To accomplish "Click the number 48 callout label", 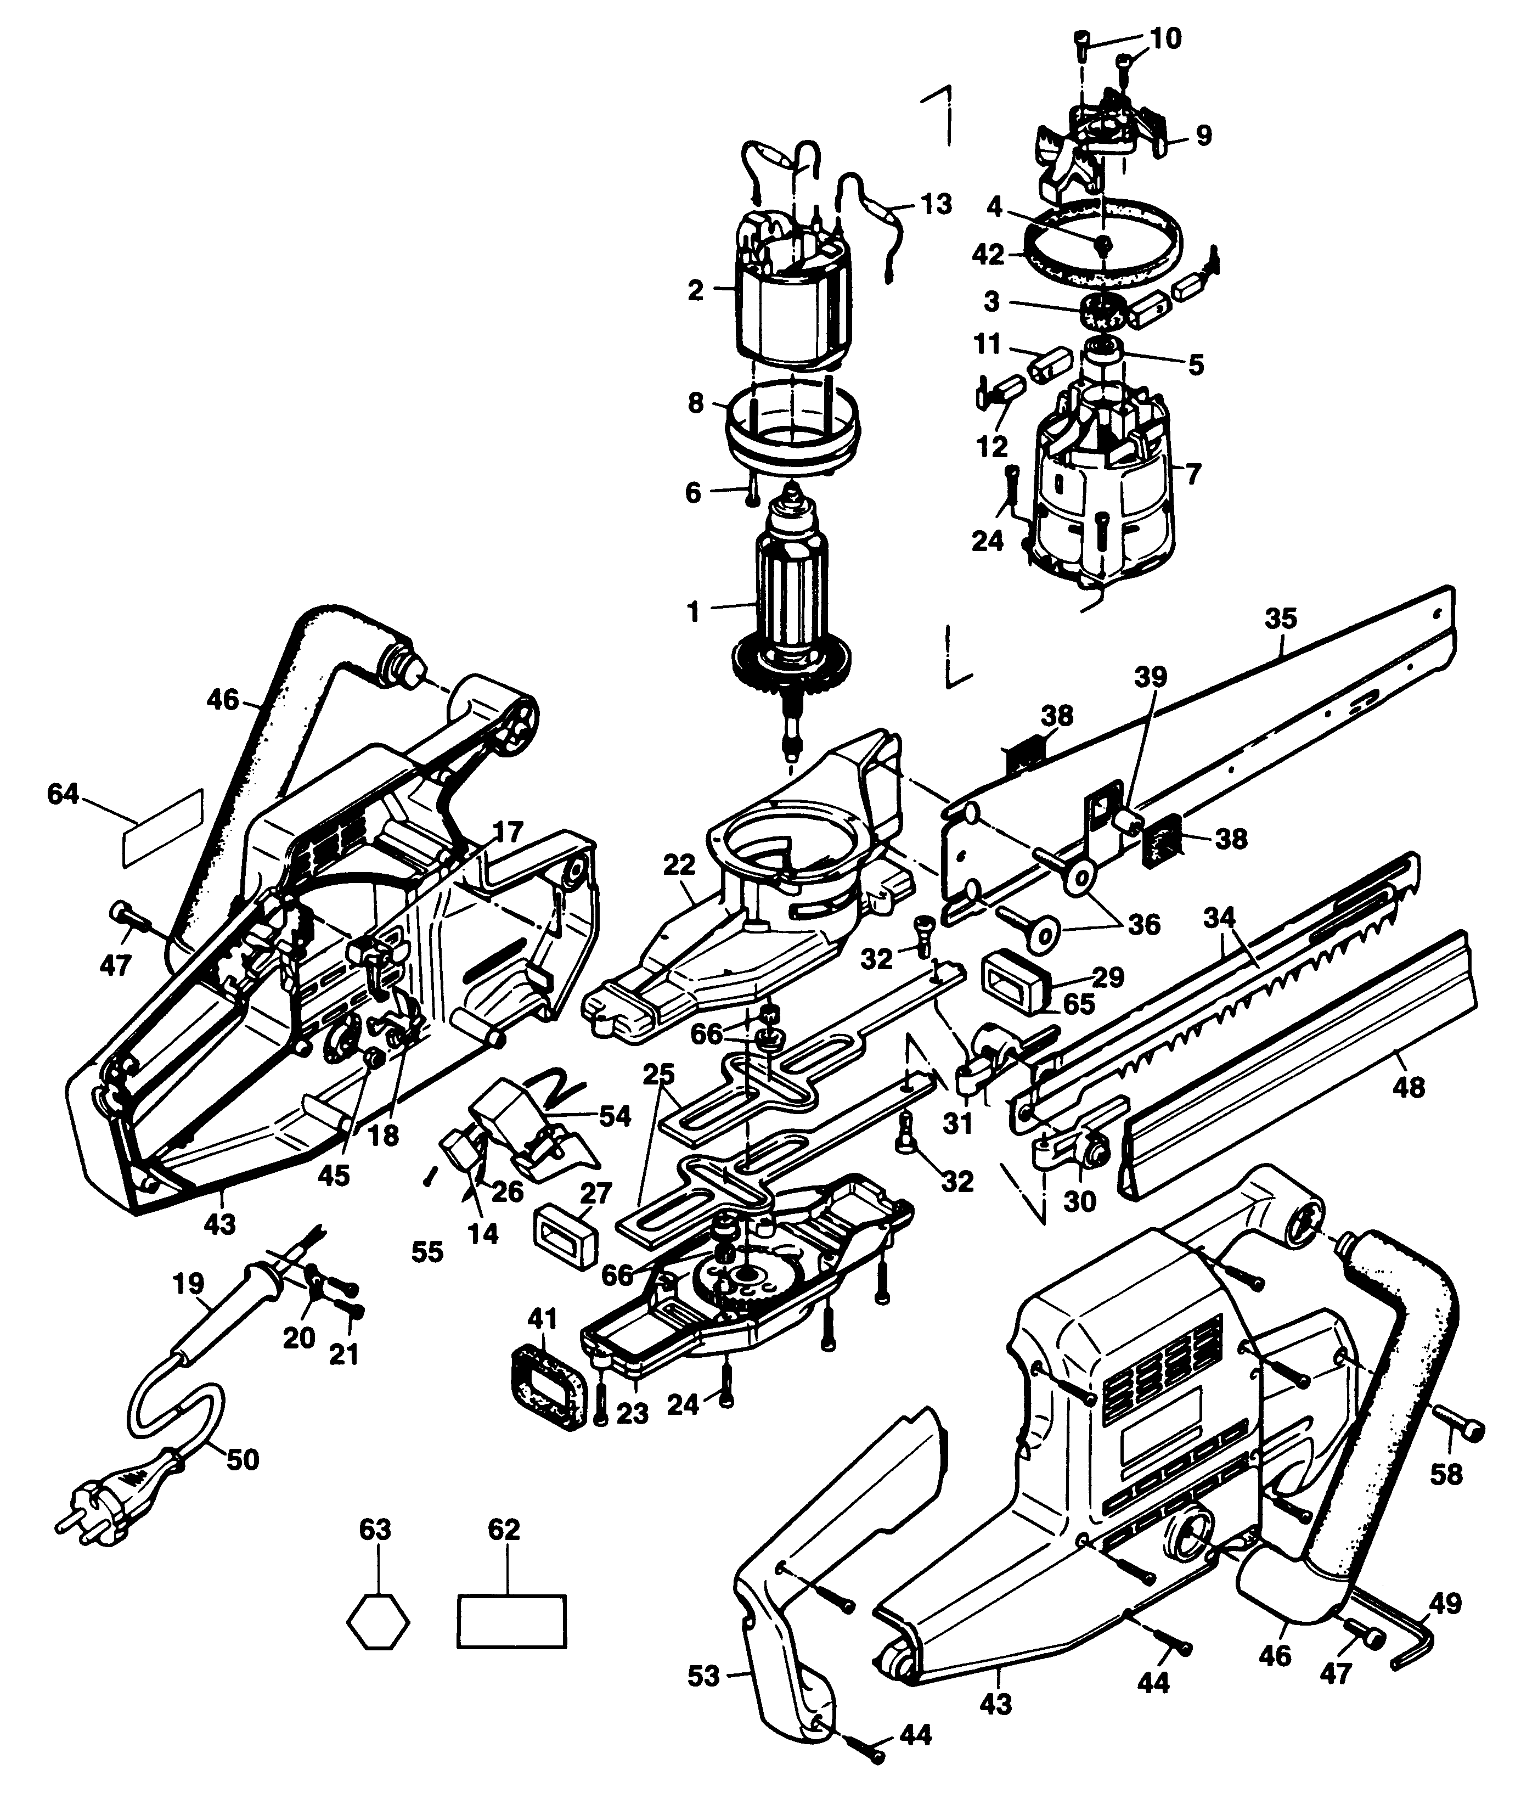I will (1409, 1086).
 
